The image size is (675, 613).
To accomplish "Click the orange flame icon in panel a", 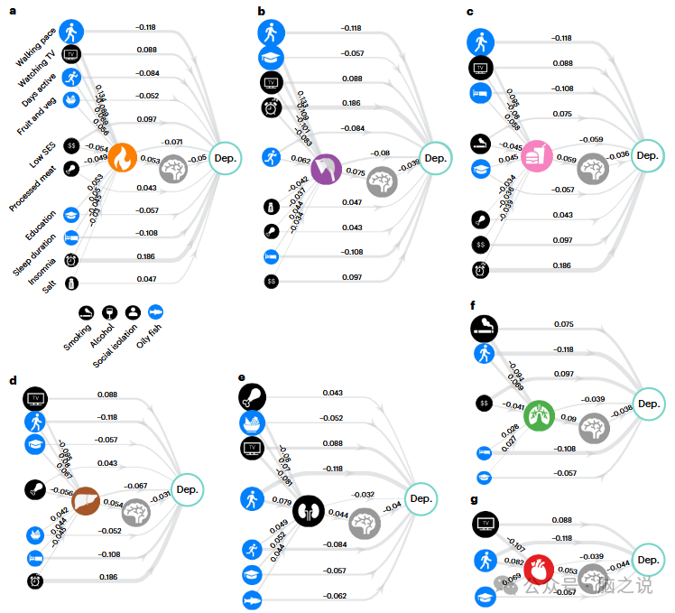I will coord(122,158).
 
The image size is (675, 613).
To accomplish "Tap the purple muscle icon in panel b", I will coord(326,169).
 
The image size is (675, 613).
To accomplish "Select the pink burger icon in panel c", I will coord(535,153).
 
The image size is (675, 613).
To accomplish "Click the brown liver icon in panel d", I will coord(86,500).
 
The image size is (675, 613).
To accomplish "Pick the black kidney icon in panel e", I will coord(308,510).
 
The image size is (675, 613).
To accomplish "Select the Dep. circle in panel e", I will coord(421,498).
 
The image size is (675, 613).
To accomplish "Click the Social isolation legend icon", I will coord(134,311).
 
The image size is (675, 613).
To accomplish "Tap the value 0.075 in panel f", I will coord(563,324).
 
